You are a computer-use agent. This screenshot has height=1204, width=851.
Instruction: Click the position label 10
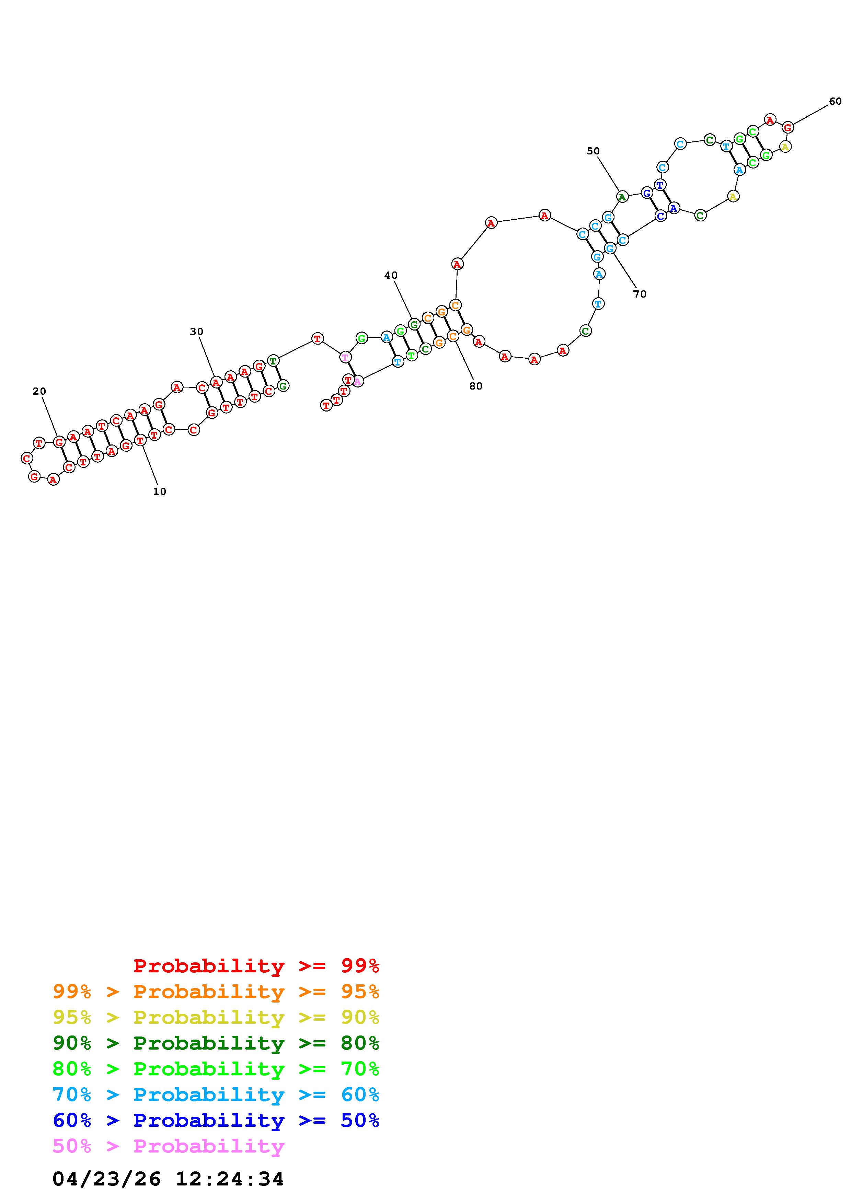click(x=159, y=491)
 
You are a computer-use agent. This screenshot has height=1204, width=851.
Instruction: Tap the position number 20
click(x=39, y=391)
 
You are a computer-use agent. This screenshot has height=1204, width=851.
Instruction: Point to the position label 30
click(x=197, y=332)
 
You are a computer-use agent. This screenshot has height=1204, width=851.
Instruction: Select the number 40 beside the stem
click(x=391, y=275)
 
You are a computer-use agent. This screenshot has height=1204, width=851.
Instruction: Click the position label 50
click(x=593, y=151)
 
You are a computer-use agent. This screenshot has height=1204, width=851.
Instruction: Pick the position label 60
click(x=835, y=101)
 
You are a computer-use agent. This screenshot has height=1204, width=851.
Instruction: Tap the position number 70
click(x=640, y=294)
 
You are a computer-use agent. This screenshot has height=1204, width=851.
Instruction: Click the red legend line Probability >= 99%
click(x=256, y=966)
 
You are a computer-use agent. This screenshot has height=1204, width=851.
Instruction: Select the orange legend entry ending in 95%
click(x=216, y=992)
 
